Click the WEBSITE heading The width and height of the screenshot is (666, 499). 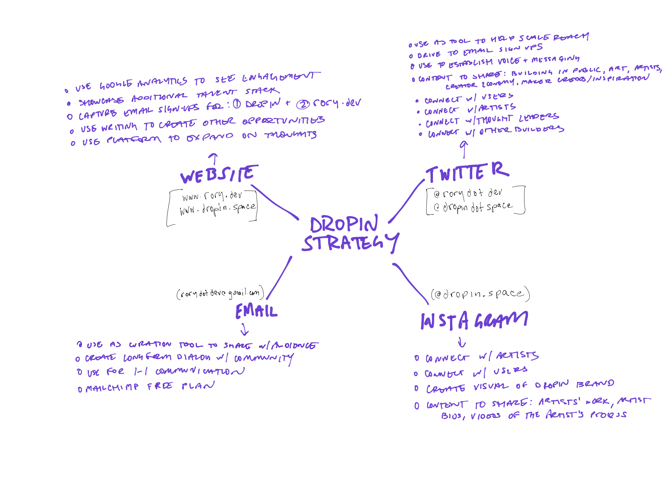[219, 174]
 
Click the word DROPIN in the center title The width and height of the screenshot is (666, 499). [344, 224]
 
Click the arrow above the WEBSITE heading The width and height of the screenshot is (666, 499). [214, 158]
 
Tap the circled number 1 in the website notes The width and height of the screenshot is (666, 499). [237, 104]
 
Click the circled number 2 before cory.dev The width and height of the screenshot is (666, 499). [303, 105]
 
